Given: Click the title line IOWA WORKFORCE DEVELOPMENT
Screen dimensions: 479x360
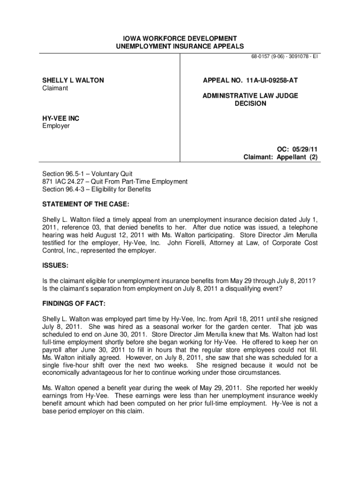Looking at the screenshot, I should pyautogui.click(x=180, y=38).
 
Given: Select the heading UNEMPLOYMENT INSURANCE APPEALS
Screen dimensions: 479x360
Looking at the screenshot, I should pyautogui.click(x=180, y=46).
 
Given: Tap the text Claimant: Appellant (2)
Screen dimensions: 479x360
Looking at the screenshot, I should pyautogui.click(x=281, y=157).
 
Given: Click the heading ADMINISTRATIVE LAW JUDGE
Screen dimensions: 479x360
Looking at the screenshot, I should pyautogui.click(x=250, y=96).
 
